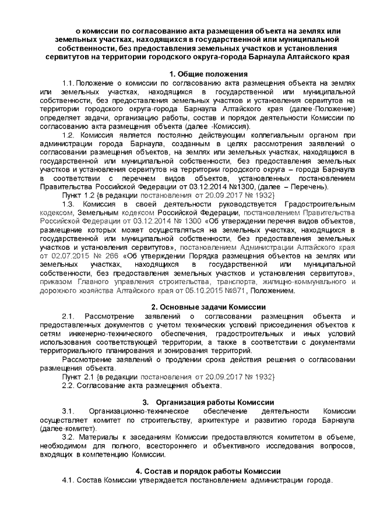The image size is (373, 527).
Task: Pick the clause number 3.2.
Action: pos(69,437)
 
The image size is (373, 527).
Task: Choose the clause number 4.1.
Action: pos(69,480)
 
